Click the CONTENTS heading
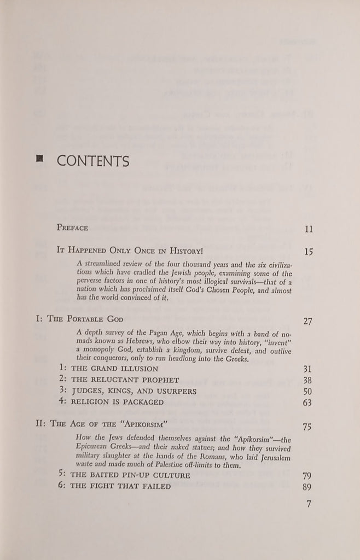tap(93, 161)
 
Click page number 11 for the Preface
tap(309, 229)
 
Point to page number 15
tap(309, 252)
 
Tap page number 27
tap(307, 321)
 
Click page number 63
tap(307, 403)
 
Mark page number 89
tap(307, 487)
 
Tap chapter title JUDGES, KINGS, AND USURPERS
tap(129, 390)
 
